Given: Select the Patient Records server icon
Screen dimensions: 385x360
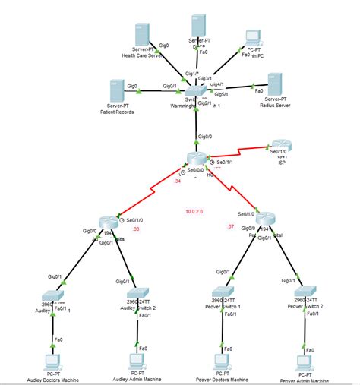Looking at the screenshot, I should coord(117,89).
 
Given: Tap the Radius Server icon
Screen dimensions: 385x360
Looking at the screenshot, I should coord(274,84).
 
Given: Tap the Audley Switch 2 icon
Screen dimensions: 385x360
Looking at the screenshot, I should coord(138,292).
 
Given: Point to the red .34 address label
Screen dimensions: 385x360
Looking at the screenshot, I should coord(177,181).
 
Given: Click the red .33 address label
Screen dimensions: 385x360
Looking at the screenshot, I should coord(137,229).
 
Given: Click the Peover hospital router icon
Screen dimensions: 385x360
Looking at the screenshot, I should coord(263,220).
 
